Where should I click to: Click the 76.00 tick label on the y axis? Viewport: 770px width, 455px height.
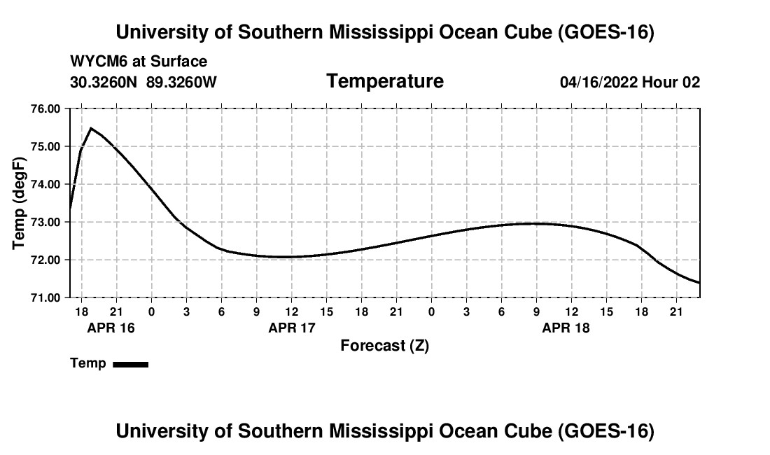[x=45, y=109]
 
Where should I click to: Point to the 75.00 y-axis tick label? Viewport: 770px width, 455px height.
[x=45, y=147]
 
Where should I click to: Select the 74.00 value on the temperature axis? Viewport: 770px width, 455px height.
[x=45, y=185]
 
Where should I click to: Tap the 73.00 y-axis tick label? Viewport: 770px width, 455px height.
[x=45, y=223]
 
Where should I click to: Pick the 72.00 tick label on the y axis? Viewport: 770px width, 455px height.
[x=45, y=260]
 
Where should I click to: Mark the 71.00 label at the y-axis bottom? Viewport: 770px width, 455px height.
[x=45, y=298]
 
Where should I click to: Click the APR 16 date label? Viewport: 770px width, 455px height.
[x=111, y=328]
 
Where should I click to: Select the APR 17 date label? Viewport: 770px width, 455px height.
[x=292, y=328]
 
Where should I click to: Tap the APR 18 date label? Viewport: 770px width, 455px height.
[x=566, y=328]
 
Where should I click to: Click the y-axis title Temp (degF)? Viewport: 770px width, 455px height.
[x=19, y=203]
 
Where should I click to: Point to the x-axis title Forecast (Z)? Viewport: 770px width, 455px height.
[x=385, y=346]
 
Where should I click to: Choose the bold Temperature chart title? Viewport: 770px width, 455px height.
[x=385, y=81]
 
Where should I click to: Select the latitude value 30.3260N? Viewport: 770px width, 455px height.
[x=104, y=82]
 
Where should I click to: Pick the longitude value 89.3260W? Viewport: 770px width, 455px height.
[x=181, y=82]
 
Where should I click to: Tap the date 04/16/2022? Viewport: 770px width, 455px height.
[x=599, y=82]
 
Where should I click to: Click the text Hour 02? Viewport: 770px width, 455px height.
[x=671, y=82]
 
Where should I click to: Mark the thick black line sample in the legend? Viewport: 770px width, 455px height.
[x=131, y=365]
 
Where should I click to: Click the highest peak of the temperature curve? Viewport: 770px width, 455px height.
[x=91, y=128]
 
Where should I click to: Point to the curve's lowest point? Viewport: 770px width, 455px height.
[x=699, y=283]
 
